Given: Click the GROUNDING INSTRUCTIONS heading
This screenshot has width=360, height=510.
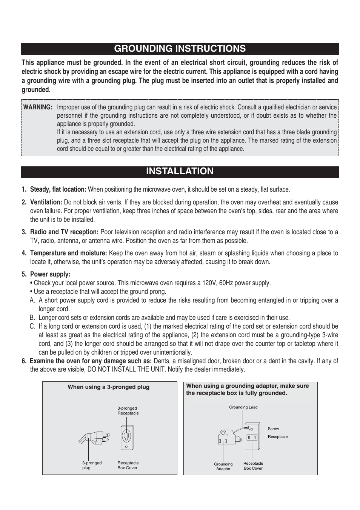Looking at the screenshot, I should click(x=180, y=49).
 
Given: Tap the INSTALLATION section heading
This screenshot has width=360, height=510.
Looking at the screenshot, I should click(x=180, y=171).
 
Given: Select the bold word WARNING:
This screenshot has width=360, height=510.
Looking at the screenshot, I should click(x=38, y=107).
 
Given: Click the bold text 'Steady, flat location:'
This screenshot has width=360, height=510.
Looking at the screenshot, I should click(x=58, y=189).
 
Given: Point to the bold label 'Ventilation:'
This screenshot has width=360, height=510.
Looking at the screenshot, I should click(x=46, y=202).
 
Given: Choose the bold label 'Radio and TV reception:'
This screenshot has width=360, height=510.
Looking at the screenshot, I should click(x=64, y=232).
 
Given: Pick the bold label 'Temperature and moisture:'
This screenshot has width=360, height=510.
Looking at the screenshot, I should click(x=68, y=253).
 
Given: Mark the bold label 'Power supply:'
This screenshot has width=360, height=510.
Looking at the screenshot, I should click(x=50, y=274).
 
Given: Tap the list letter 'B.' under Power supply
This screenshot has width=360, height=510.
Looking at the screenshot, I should click(x=33, y=318).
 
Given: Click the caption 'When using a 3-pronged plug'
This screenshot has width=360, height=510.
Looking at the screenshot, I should click(x=109, y=387).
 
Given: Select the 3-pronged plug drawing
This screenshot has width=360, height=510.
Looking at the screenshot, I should click(x=95, y=438).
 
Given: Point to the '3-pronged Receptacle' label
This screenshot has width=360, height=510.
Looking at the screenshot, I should click(x=128, y=411).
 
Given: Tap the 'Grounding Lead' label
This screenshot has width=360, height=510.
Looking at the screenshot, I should click(x=243, y=407).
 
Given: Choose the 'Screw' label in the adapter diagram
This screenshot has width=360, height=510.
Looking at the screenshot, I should click(x=273, y=429).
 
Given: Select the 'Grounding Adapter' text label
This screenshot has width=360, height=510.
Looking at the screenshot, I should click(x=223, y=467).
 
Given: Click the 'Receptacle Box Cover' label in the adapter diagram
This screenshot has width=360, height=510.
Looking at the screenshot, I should click(x=253, y=466).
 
